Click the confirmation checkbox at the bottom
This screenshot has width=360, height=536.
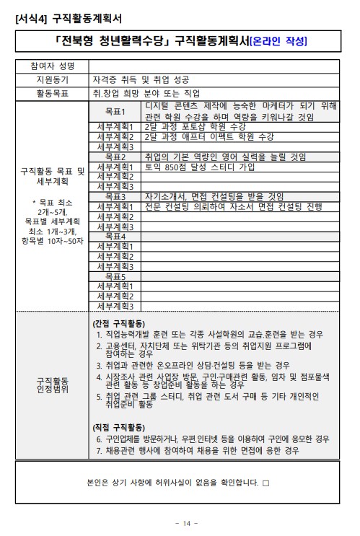coord(265,481)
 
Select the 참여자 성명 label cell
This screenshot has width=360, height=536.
coord(51,66)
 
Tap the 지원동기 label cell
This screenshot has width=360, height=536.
coord(51,79)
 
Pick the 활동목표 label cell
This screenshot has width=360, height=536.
coord(51,93)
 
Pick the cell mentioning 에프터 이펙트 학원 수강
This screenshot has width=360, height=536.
coord(209,136)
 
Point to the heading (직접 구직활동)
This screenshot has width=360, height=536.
coord(119,426)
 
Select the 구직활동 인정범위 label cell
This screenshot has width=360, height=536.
coord(51,386)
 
